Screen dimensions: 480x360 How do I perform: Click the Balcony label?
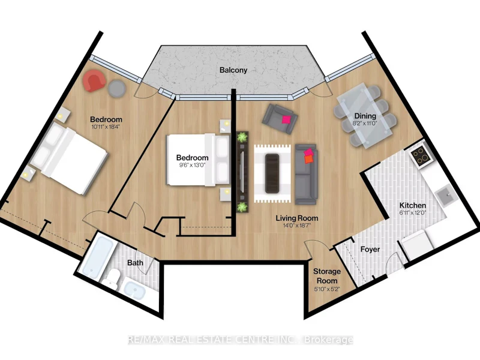(233, 70)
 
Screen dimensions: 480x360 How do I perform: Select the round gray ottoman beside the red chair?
(117, 88)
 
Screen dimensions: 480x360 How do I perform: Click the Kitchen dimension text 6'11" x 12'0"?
(413, 213)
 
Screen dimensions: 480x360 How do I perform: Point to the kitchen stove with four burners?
(421, 156)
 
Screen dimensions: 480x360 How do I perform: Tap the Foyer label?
(370, 250)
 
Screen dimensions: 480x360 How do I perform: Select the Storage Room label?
(327, 276)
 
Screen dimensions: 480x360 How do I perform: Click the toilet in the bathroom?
(110, 278)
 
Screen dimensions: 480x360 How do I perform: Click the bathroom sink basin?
(134, 290)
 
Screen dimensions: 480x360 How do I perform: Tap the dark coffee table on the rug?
(272, 173)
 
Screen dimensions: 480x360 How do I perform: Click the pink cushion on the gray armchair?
(287, 119)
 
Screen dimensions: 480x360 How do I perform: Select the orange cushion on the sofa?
(308, 159)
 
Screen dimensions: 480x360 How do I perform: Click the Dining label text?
(365, 116)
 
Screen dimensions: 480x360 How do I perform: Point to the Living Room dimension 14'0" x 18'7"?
(296, 226)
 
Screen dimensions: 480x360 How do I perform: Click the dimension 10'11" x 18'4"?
(106, 127)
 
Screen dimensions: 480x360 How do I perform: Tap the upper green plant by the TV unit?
(242, 137)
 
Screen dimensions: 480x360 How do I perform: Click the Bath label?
(135, 263)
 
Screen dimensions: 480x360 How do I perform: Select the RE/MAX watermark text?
(241, 340)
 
